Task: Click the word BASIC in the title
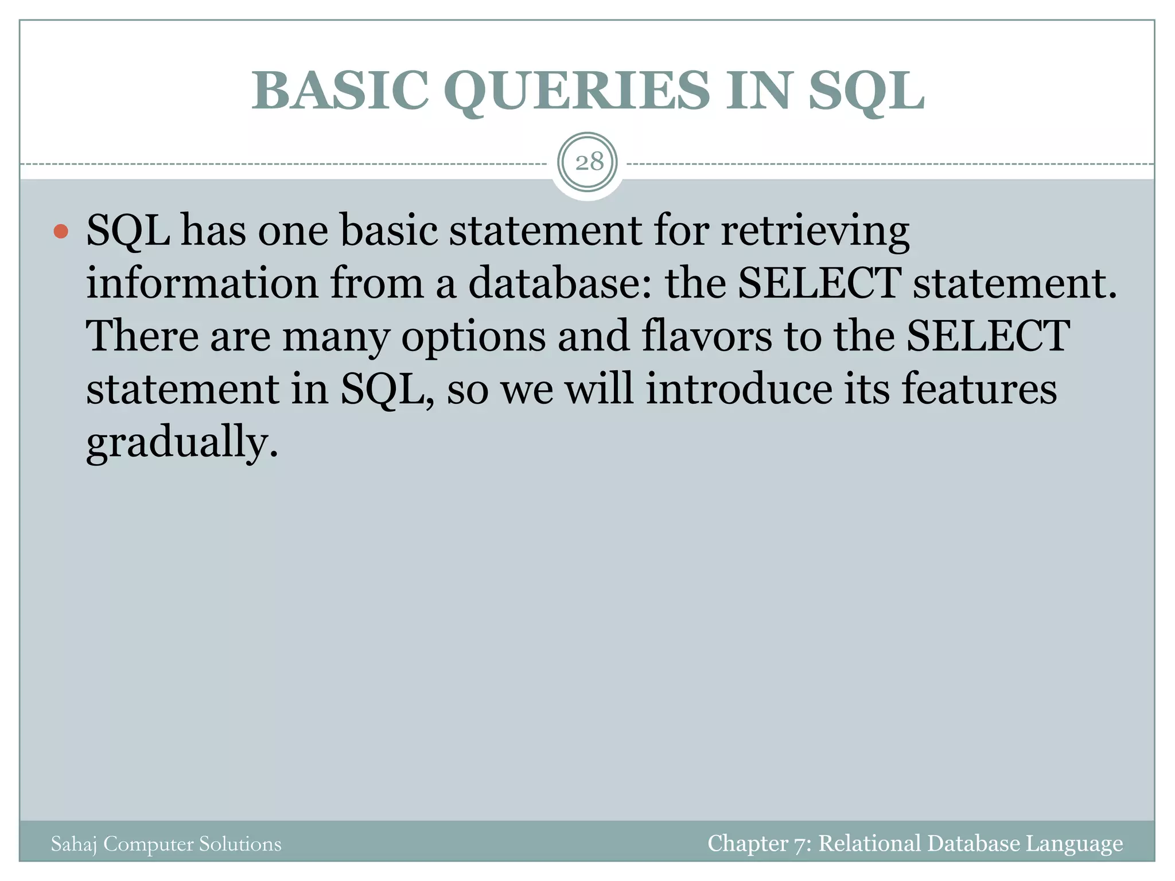[340, 91]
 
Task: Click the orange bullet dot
[61, 232]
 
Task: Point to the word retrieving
[815, 231]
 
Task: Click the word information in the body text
[202, 283]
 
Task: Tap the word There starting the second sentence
[142, 336]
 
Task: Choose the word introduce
[739, 389]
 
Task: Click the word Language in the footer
[1074, 844]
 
